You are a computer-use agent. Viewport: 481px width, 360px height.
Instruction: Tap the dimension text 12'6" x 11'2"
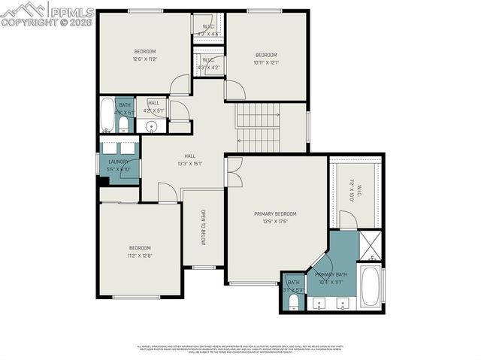(144, 59)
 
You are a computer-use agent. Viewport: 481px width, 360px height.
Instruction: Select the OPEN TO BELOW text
(202, 227)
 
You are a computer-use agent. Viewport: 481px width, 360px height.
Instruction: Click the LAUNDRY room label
(119, 161)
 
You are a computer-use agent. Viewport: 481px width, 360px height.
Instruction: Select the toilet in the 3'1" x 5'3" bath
(292, 301)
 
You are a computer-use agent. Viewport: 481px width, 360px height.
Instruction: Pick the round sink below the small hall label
(150, 126)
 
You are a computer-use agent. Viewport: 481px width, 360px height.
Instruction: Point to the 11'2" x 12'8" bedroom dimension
(140, 256)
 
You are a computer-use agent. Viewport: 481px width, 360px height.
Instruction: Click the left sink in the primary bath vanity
(320, 305)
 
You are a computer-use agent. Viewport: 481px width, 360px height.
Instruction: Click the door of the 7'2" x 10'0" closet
(347, 220)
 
